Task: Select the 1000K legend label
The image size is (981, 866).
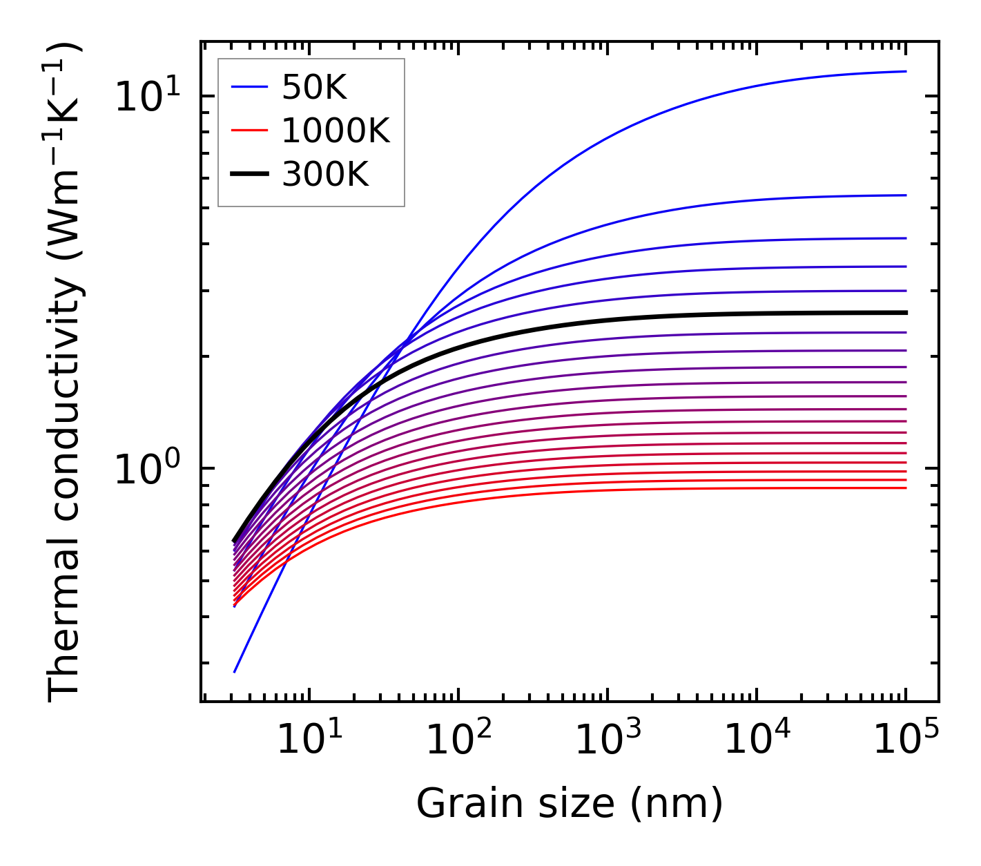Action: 336,131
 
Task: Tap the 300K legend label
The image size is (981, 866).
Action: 325,175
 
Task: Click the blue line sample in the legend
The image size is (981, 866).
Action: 249,87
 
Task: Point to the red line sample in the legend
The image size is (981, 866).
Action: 249,131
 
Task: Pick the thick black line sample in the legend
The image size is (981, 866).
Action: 249,175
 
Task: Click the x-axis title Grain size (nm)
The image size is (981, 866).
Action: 570,804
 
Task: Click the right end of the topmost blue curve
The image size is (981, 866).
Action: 905,71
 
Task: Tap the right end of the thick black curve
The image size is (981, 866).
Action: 905,313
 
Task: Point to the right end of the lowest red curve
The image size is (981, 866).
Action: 905,488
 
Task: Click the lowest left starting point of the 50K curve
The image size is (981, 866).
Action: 235,671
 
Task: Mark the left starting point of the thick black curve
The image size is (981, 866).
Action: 235,541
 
